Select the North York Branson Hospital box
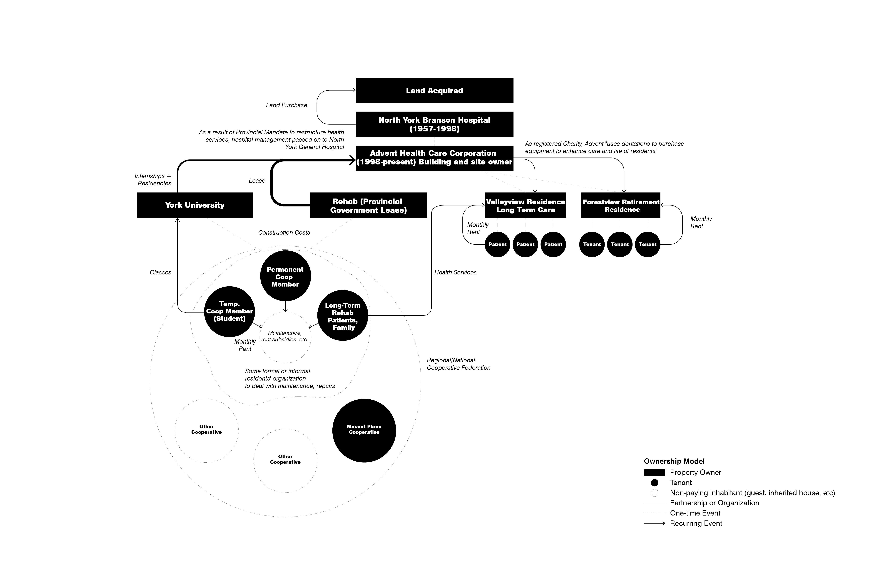[x=434, y=124]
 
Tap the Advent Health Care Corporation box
[x=434, y=158]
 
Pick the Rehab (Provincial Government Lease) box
[x=368, y=205]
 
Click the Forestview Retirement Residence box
[x=620, y=205]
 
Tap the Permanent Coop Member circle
[x=285, y=276]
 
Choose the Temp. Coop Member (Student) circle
[x=229, y=311]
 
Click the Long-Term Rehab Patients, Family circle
[x=342, y=315]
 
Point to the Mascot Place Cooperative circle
[x=364, y=431]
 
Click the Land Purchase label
[x=287, y=105]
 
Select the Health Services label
[x=455, y=272]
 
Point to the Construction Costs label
[x=284, y=232]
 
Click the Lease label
[x=257, y=181]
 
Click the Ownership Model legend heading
[x=674, y=461]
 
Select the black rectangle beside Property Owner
[x=654, y=473]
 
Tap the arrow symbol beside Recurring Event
[x=654, y=523]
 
